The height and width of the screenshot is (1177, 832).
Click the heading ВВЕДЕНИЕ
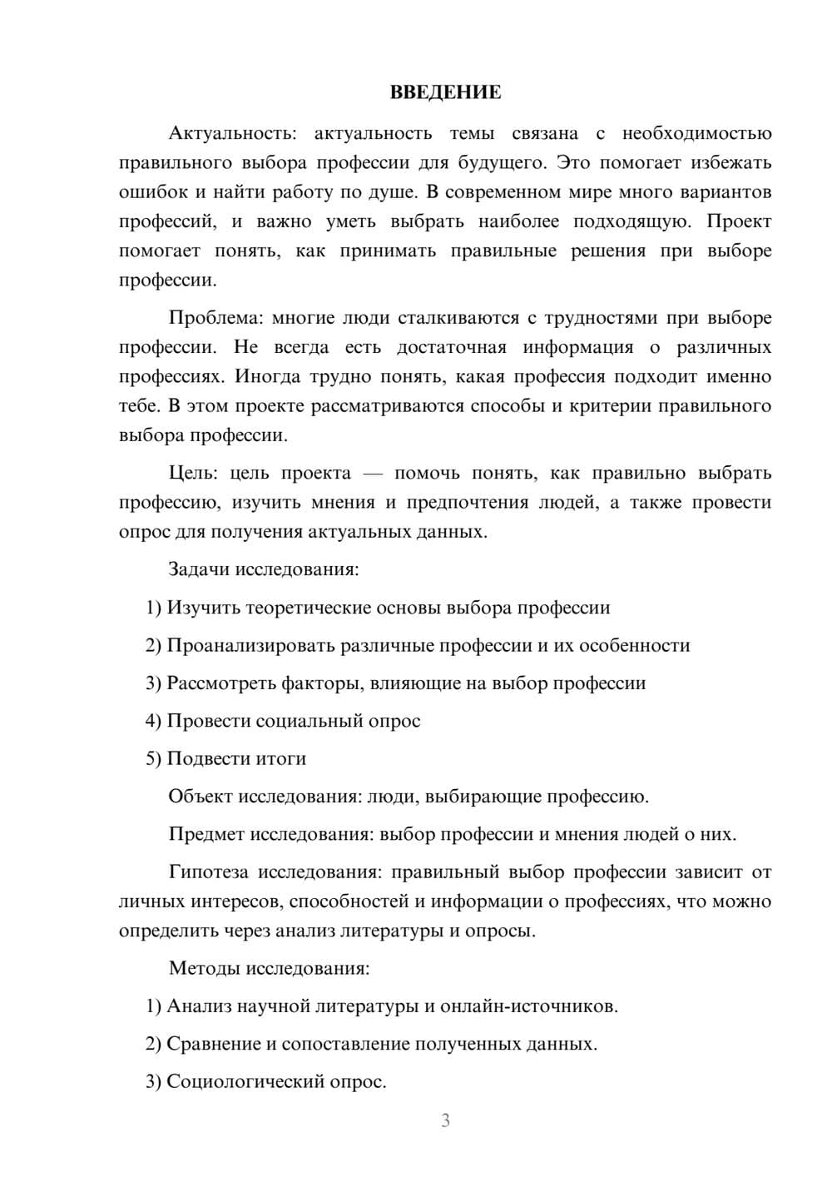[x=445, y=92]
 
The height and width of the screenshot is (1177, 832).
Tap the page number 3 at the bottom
[x=445, y=1120]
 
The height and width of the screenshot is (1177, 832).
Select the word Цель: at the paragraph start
[x=193, y=473]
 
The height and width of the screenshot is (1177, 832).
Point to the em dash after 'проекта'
[x=373, y=473]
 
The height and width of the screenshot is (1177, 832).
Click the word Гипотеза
[x=208, y=872]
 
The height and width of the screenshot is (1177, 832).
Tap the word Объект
[x=201, y=797]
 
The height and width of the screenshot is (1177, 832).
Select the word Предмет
[x=206, y=834]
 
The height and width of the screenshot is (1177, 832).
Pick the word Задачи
[x=199, y=570]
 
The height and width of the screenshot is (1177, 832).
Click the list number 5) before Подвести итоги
[x=153, y=759]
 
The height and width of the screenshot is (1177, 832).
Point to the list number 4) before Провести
[x=153, y=721]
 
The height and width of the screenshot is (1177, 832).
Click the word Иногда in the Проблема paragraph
[x=267, y=376]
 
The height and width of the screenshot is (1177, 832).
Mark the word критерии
[x=611, y=406]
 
